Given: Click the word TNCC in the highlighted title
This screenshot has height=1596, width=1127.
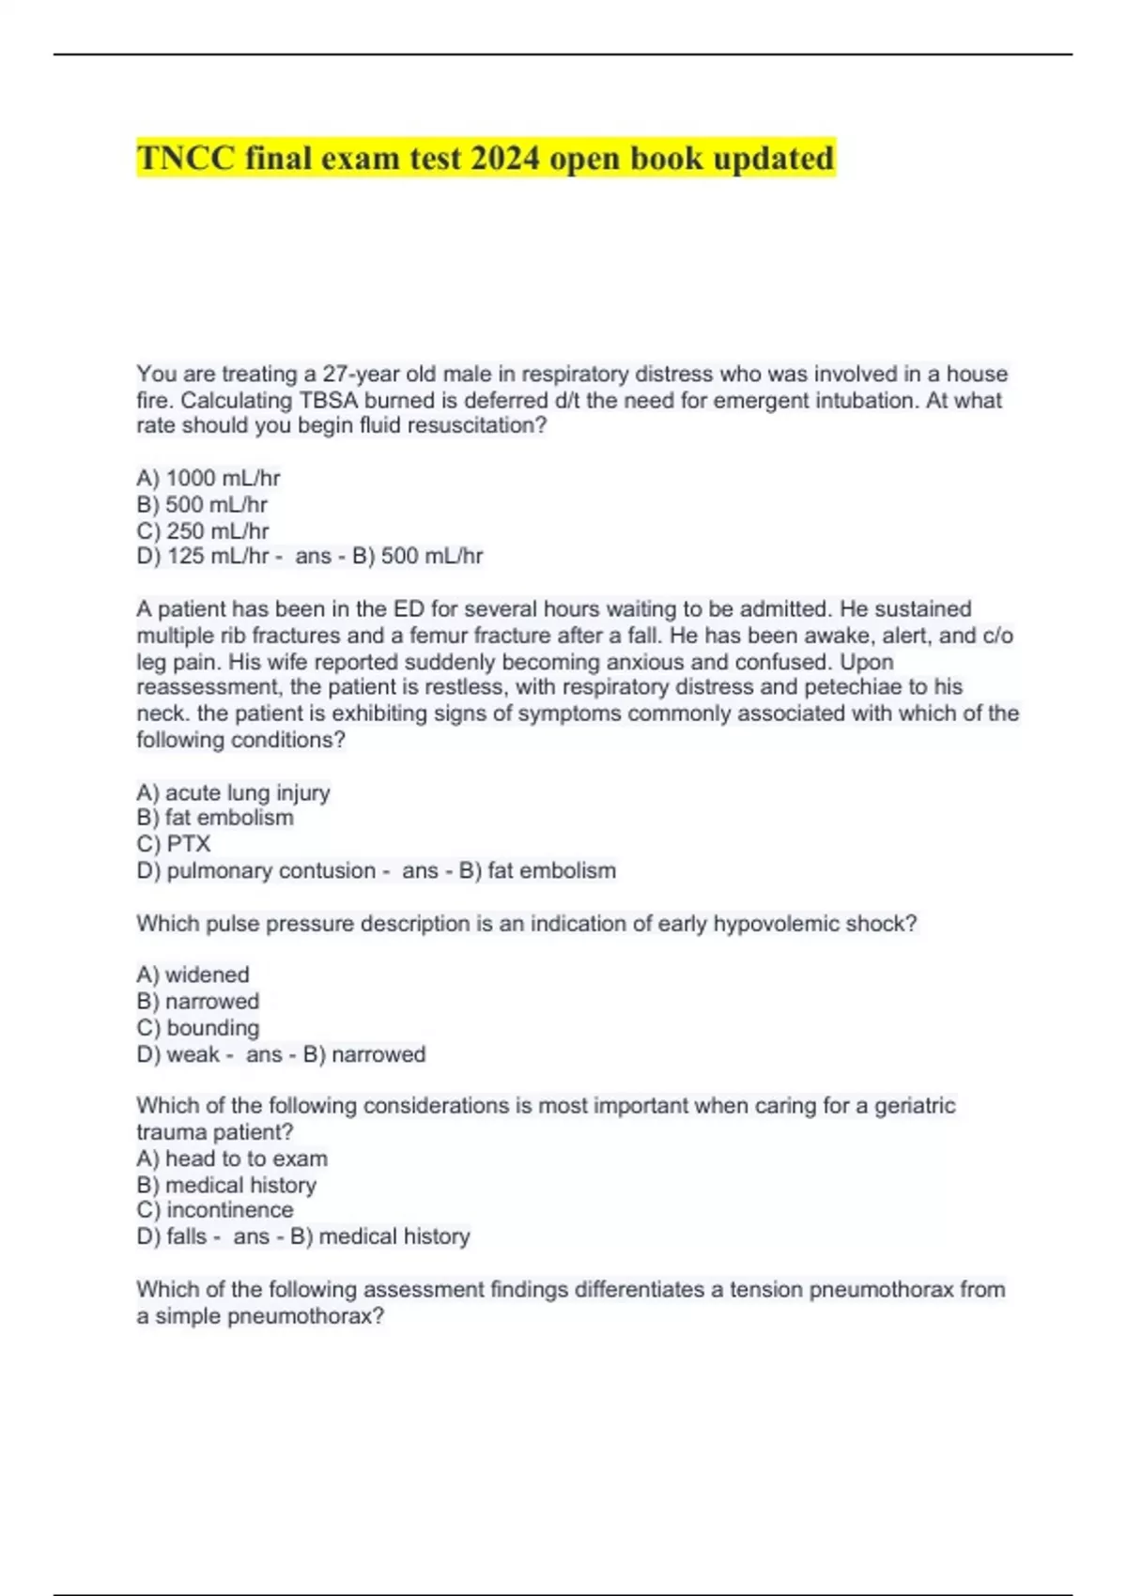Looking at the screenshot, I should point(186,159).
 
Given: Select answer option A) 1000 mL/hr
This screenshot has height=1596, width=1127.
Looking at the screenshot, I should point(208,478).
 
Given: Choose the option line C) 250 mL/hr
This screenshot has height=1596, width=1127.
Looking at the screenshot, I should point(203,530).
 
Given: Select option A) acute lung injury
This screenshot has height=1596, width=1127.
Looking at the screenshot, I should point(233,792).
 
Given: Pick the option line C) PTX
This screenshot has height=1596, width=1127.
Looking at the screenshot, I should point(174,844).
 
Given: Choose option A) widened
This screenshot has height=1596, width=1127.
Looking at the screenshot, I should point(193,974).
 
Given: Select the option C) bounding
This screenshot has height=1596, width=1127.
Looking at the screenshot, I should point(198,1027).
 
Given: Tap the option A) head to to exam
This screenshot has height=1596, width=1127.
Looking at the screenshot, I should point(232,1159).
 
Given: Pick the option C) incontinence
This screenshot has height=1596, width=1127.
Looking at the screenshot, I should point(215,1210).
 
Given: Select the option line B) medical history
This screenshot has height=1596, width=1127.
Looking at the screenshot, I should point(226,1185).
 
